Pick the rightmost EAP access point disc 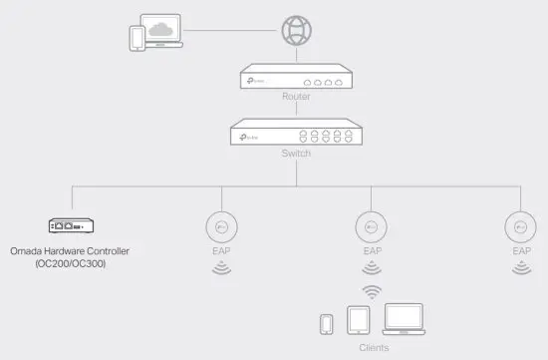521,226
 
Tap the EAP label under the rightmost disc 521,252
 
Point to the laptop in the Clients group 403,319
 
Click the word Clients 374,348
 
